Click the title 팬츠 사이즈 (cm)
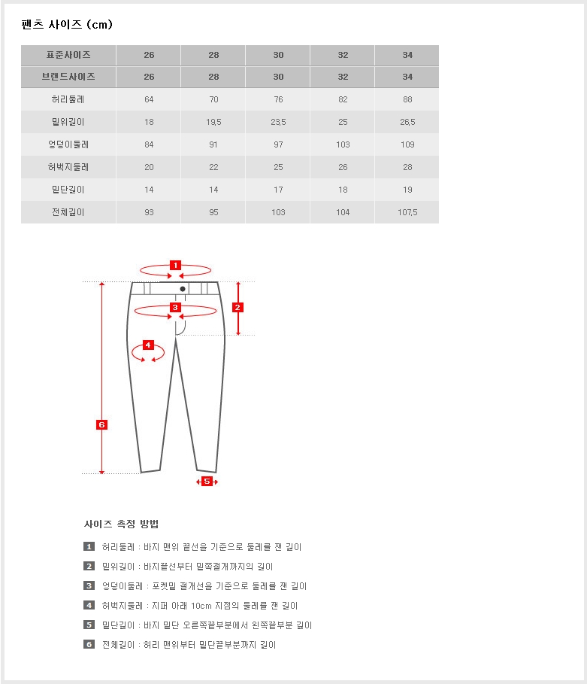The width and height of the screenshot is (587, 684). [67, 25]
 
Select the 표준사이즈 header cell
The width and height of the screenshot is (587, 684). [68, 55]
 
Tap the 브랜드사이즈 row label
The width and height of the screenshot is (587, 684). [68, 77]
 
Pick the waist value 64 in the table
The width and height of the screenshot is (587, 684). [149, 99]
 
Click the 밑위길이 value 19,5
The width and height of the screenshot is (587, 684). [213, 122]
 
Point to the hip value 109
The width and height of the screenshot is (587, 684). [407, 144]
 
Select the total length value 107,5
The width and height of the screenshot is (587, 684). [407, 212]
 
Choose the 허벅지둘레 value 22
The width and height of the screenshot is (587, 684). [213, 167]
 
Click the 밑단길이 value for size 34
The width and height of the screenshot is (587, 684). [407, 190]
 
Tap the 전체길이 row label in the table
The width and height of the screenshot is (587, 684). [68, 212]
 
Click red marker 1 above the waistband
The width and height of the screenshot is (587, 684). [175, 265]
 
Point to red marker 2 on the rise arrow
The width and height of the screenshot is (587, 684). [238, 307]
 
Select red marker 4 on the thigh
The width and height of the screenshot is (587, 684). [148, 345]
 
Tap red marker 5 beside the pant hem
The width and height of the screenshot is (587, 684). [207, 482]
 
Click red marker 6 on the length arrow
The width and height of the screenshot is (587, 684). [102, 424]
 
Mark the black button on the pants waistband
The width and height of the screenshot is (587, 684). [183, 288]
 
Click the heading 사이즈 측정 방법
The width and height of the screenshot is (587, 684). [121, 524]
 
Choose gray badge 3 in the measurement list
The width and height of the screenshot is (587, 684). [89, 586]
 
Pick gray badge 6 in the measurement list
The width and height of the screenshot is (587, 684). [89, 645]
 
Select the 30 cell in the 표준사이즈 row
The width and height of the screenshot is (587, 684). [278, 55]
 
